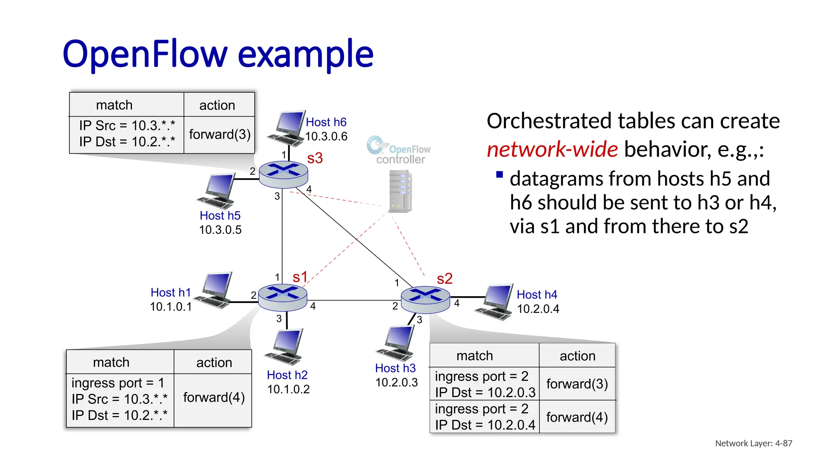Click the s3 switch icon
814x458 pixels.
click(x=283, y=174)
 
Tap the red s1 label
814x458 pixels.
click(x=300, y=277)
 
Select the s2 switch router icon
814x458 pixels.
click(x=425, y=299)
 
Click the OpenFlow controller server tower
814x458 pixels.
click(x=400, y=191)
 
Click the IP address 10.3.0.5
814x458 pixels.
click(x=220, y=230)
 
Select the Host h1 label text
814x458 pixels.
click(x=171, y=293)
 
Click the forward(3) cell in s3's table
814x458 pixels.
click(x=219, y=134)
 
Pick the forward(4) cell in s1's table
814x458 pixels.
click(x=213, y=398)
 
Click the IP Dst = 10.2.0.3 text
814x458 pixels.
click(x=485, y=392)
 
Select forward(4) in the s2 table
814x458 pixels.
click(x=577, y=417)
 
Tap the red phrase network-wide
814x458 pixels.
click(x=552, y=149)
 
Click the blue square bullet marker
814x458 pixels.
click(x=500, y=175)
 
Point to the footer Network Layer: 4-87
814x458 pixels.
click(x=753, y=443)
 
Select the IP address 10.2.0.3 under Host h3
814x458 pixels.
click(x=396, y=382)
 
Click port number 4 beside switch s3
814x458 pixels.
click(x=309, y=189)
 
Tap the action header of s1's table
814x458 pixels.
click(x=214, y=362)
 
